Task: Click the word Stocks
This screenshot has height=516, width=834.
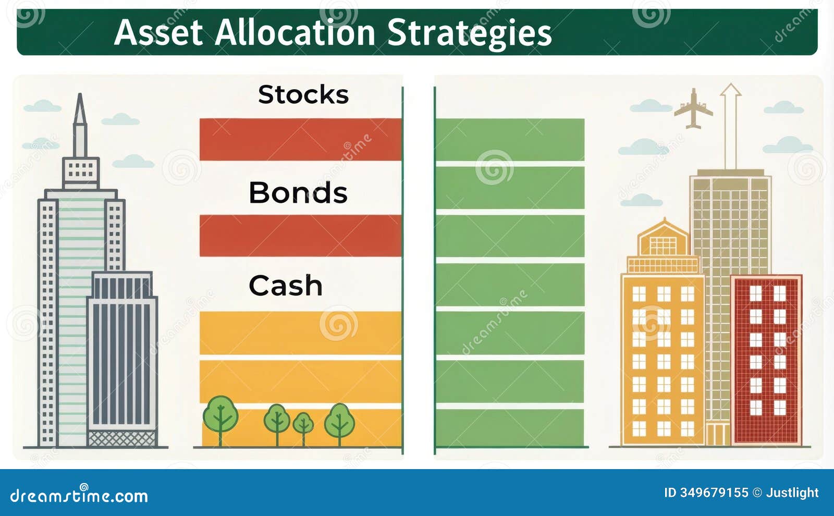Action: (303, 95)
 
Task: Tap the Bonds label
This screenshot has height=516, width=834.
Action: (298, 193)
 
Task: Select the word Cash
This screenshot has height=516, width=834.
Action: (286, 286)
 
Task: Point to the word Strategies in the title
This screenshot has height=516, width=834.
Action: (469, 33)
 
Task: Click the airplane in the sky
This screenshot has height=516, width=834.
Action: (693, 109)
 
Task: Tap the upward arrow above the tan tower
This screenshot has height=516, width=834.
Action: (730, 125)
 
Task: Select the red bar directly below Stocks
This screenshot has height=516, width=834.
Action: (300, 139)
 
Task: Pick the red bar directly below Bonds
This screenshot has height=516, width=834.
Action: (300, 236)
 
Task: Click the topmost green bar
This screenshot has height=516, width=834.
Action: (510, 139)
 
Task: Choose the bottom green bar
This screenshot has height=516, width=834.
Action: (510, 427)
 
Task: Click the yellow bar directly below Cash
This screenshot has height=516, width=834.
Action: (300, 333)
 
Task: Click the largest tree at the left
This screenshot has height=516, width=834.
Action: (220, 414)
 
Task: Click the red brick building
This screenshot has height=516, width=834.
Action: (766, 360)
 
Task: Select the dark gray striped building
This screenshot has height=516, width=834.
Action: (122, 354)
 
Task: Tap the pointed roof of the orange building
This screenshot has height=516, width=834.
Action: (664, 229)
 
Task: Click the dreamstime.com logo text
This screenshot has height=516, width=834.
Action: (79, 496)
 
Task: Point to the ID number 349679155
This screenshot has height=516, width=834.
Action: (714, 493)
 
